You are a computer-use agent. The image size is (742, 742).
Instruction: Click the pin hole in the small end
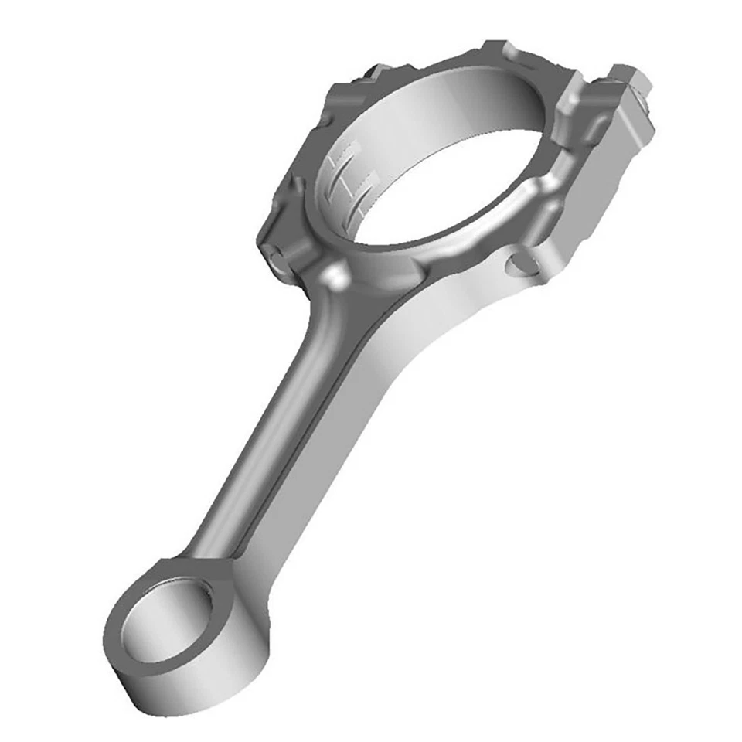click(166, 622)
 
